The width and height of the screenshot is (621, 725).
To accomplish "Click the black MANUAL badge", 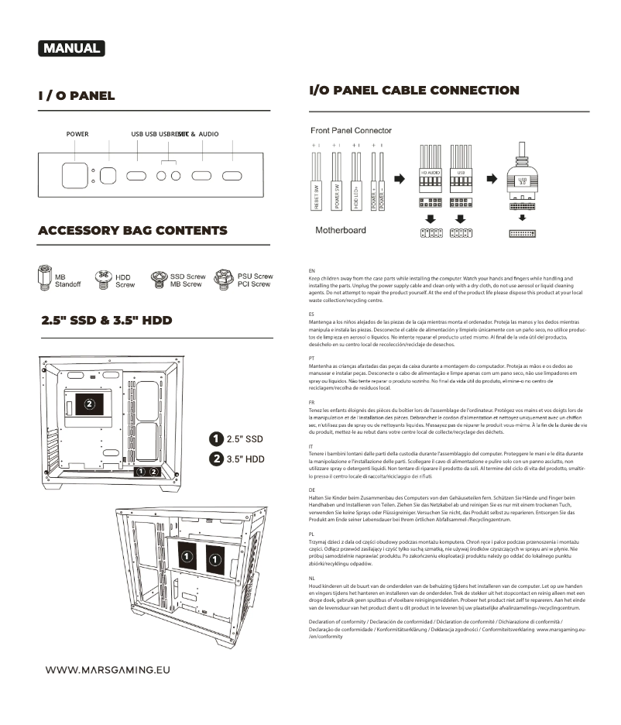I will point(71,48).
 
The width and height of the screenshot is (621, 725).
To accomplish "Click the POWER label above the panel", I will point(77,134).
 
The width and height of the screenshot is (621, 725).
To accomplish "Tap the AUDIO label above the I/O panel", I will point(209,134).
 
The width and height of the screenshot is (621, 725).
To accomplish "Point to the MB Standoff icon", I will point(44,277).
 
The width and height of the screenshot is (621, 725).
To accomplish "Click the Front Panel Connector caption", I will point(351,131).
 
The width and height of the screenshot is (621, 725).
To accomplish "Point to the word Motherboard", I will point(341,230).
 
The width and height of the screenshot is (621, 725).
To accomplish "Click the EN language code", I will point(311,271).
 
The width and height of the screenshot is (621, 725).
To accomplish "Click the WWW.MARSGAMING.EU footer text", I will point(107,670).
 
